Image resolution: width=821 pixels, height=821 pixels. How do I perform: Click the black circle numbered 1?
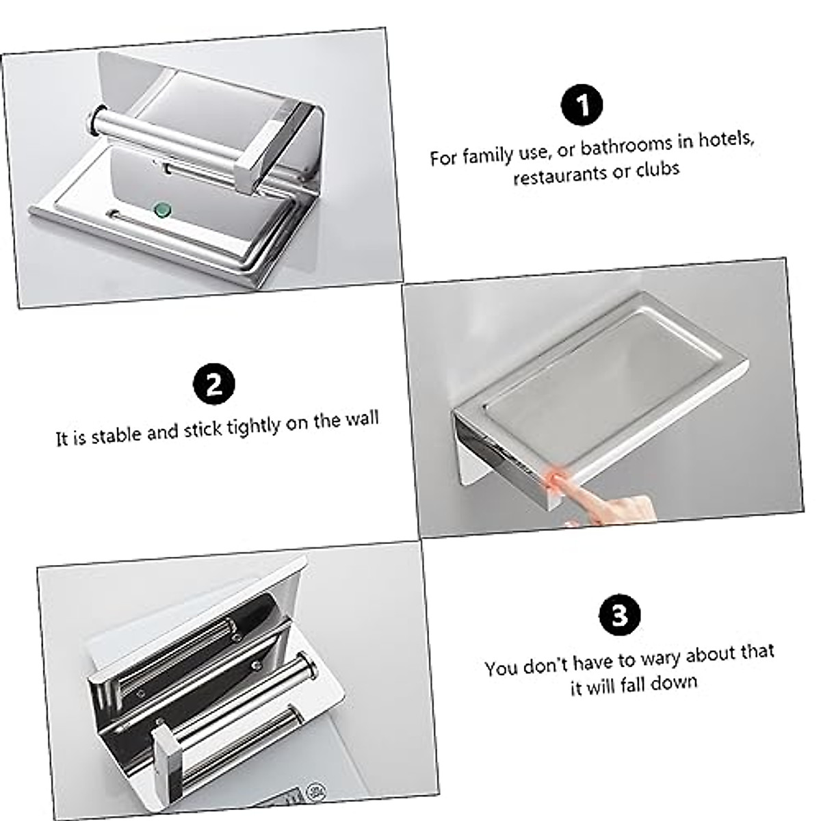click(582, 105)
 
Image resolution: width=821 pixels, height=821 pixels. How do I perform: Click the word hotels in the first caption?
click(726, 141)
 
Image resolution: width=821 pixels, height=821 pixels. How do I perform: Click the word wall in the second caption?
click(361, 419)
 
